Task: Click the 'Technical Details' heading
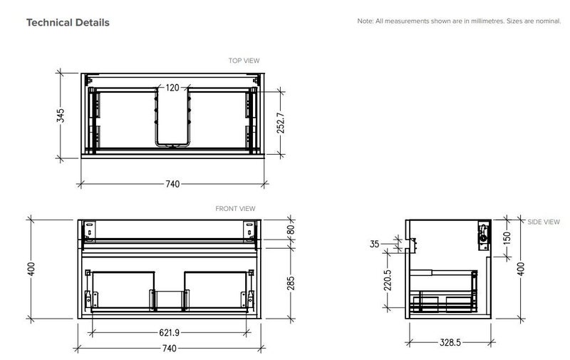click(x=68, y=23)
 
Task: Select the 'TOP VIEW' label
click(x=244, y=61)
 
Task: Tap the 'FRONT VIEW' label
click(x=235, y=209)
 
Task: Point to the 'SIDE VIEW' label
click(x=544, y=222)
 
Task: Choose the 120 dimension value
click(x=172, y=88)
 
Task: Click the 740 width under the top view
click(x=172, y=184)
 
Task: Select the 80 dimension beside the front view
click(x=291, y=231)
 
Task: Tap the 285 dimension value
click(x=291, y=283)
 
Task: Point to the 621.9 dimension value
click(x=170, y=333)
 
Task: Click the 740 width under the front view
click(x=170, y=349)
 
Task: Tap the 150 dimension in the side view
click(x=507, y=236)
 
